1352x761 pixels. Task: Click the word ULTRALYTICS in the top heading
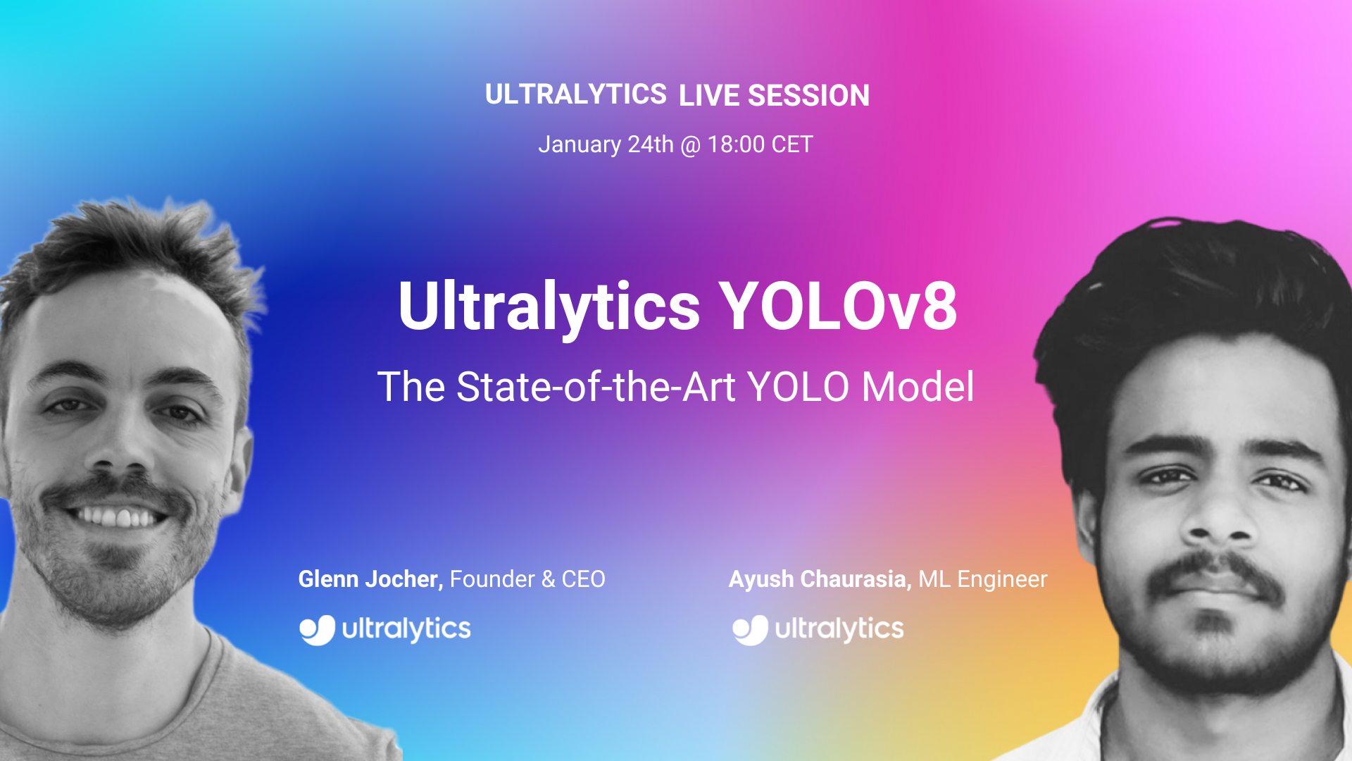575,94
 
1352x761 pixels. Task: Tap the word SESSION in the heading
808,96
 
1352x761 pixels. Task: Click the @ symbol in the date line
691,146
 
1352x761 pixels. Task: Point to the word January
580,145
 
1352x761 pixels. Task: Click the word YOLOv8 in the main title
838,306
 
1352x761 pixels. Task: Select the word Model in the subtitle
918,387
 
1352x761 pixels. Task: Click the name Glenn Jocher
370,579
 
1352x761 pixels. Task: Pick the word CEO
583,579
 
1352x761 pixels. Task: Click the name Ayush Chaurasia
820,580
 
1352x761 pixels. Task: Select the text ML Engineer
983,580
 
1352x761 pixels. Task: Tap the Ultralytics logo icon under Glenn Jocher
318,630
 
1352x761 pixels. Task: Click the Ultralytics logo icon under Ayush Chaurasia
751,630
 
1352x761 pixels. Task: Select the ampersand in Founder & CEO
549,580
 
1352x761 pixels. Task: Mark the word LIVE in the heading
709,96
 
